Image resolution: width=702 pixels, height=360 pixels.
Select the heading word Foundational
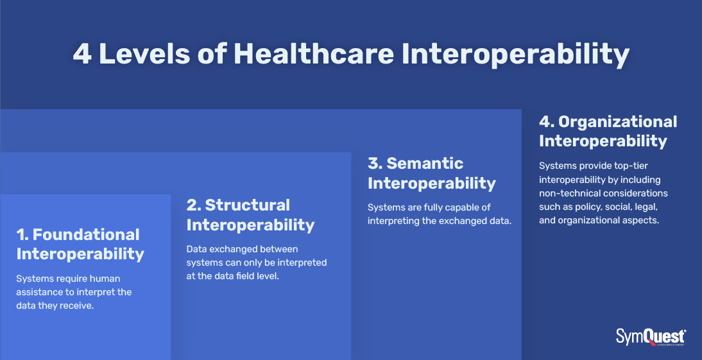(86, 234)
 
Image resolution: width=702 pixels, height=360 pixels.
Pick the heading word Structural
(248, 205)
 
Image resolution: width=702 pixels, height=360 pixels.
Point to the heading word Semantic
(425, 163)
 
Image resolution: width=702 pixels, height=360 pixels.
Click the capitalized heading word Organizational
(618, 121)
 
